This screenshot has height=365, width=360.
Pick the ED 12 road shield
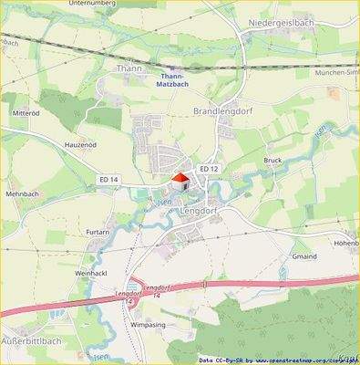coord(208,169)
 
